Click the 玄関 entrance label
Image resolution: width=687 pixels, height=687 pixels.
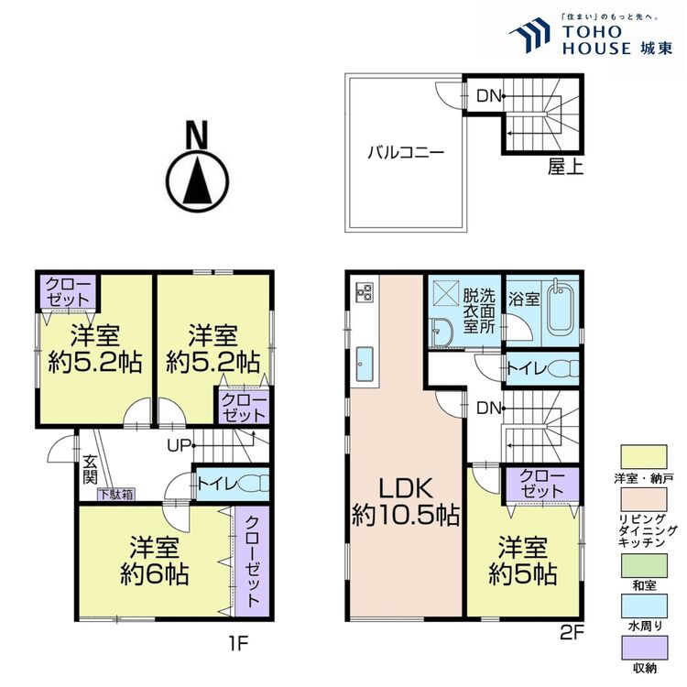(x=90, y=471)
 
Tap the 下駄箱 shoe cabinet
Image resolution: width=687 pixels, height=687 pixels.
(x=116, y=495)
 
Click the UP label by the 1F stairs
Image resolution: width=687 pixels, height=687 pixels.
(x=179, y=447)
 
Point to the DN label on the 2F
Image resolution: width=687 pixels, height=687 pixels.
(x=487, y=409)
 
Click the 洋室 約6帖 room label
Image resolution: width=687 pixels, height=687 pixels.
(x=154, y=561)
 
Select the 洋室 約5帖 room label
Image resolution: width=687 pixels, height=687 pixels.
(x=522, y=561)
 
